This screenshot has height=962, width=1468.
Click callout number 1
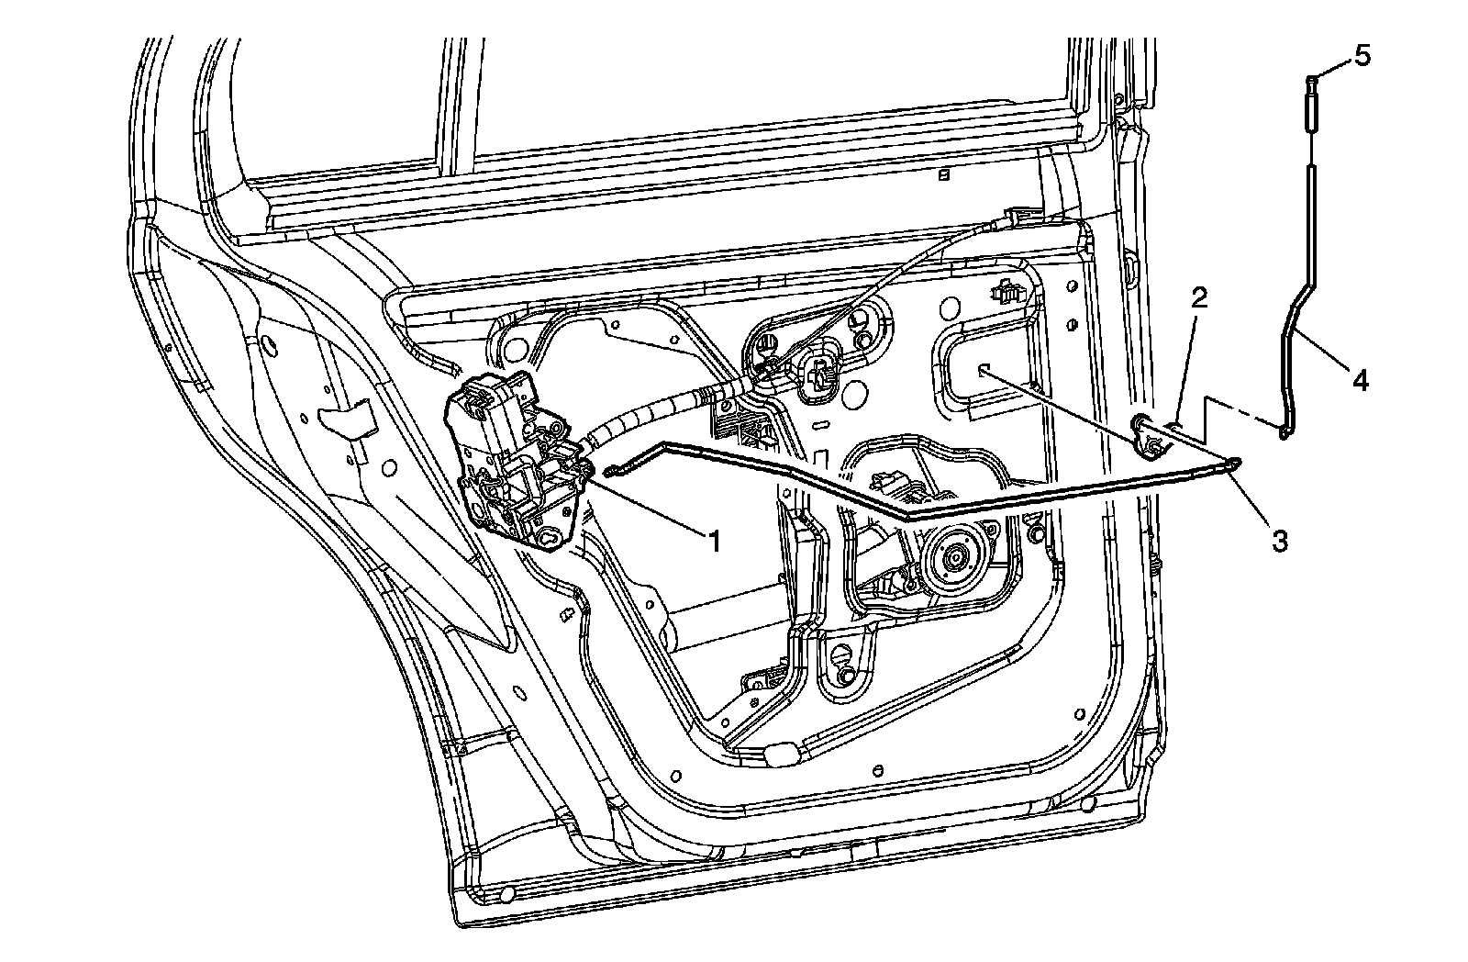[712, 541]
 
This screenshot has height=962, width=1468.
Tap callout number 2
[1199, 296]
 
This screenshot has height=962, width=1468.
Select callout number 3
[1280, 540]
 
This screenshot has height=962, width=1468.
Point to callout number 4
[1361, 378]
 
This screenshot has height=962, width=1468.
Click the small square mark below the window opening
[942, 176]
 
